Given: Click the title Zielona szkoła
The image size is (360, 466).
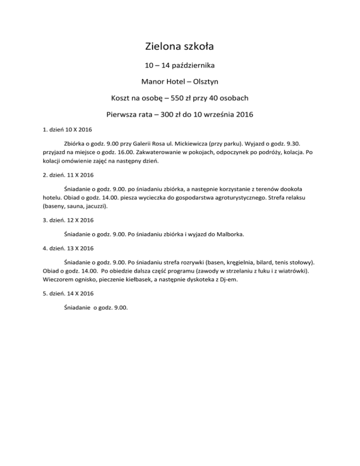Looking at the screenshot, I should [180, 47].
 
